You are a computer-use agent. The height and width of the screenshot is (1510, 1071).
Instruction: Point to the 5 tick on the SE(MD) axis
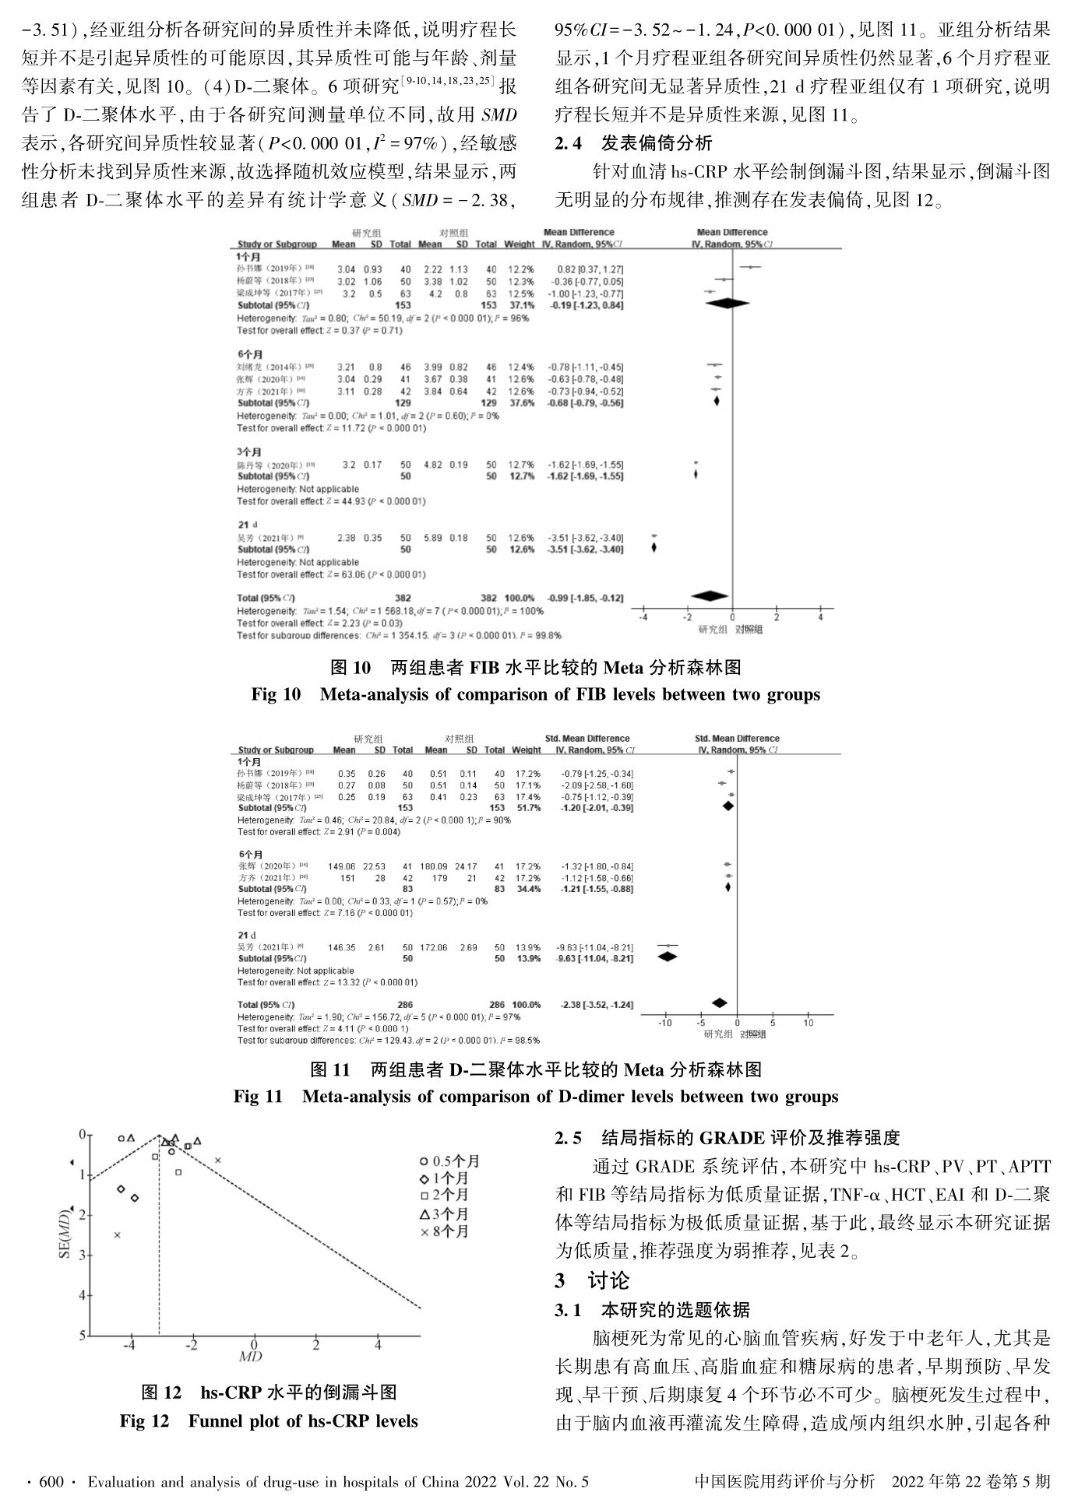coord(82,1336)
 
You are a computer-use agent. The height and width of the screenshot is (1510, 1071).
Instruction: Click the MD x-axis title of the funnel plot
coord(250,1356)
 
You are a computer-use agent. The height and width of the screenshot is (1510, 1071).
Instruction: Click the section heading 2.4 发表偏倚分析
coord(632,143)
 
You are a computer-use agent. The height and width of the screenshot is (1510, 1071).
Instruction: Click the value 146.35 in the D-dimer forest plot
coord(341,947)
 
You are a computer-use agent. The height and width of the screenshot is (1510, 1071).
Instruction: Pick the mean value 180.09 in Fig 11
coord(435,866)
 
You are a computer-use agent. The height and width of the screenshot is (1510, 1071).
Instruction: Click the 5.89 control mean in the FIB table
coord(432,538)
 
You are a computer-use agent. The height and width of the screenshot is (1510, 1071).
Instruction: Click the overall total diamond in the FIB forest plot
coord(710,596)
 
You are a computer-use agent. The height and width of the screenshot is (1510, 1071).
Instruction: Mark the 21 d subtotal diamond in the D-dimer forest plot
coord(668,957)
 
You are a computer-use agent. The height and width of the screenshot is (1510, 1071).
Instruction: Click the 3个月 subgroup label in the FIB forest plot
coord(249,452)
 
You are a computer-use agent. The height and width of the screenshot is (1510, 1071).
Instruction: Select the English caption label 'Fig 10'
coord(276,694)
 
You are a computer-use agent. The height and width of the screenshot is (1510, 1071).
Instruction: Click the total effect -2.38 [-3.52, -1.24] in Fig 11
coord(597,1005)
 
